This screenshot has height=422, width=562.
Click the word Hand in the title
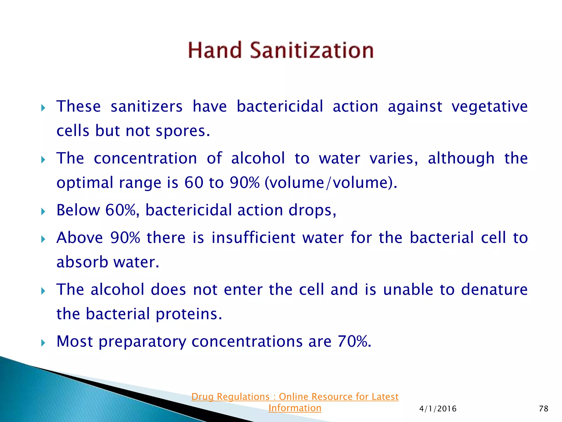point(215,50)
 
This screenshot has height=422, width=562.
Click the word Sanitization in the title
point(312,50)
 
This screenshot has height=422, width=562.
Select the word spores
point(182,131)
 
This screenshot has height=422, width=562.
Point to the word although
point(461,159)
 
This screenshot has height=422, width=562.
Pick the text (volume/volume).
point(331,183)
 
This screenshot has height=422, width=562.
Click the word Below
point(78,210)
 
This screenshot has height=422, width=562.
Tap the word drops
point(312,210)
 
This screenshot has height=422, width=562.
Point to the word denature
point(494,290)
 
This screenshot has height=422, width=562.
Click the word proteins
point(189,314)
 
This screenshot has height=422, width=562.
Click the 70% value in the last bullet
point(354,342)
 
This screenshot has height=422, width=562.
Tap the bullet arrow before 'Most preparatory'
point(43,343)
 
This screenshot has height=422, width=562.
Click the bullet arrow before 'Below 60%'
point(43,211)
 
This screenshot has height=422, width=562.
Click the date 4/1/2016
point(438,409)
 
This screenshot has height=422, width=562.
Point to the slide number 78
point(543,409)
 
